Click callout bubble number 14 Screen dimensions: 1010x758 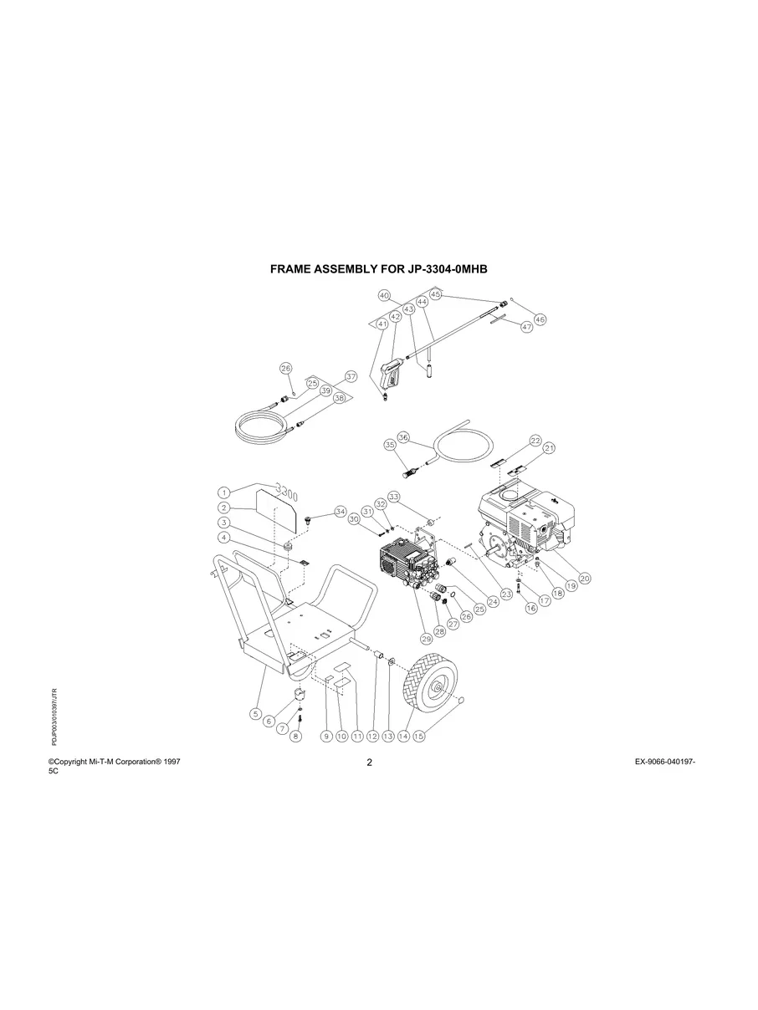tap(403, 737)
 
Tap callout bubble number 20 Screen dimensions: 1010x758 tap(585, 578)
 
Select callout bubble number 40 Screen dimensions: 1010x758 tap(384, 296)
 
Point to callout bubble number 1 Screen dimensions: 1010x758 tap(224, 493)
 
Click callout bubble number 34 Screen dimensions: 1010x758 tap(340, 511)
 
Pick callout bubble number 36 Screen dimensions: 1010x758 tap(403, 437)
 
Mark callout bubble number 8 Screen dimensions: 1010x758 tap(294, 737)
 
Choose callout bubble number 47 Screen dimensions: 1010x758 tap(526, 328)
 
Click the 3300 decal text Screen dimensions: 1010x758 tap(284, 488)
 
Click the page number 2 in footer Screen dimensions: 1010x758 tap(369, 763)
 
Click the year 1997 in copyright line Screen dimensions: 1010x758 tap(171, 762)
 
